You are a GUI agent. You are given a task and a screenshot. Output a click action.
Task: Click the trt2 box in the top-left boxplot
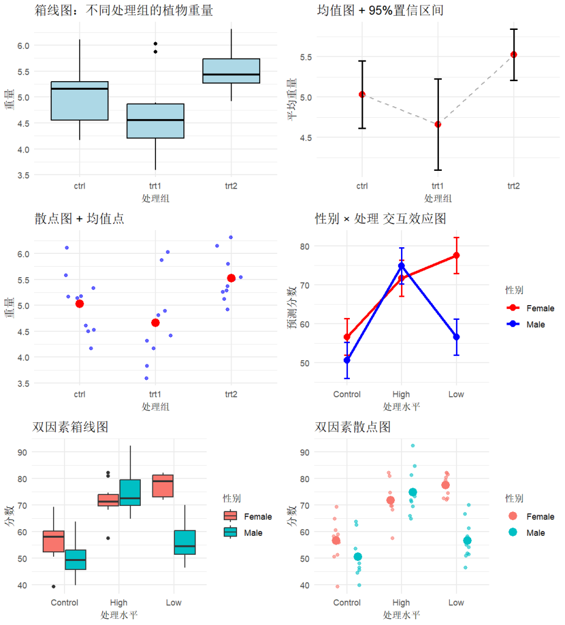tap(231, 71)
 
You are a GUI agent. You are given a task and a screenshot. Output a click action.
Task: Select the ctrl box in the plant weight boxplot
tap(79, 101)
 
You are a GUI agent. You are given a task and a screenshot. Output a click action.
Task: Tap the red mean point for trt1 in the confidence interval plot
tap(438, 125)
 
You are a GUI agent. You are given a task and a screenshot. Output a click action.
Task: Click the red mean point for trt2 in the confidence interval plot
tap(514, 54)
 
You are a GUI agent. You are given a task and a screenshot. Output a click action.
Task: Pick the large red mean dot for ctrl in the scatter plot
tap(79, 304)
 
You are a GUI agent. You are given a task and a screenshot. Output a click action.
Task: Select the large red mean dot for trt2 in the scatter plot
tap(231, 278)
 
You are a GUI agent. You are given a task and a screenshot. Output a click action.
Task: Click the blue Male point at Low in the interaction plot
tap(456, 337)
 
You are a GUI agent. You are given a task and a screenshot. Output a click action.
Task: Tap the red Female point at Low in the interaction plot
tap(456, 255)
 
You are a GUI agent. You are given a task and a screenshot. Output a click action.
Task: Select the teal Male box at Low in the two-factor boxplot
tap(185, 542)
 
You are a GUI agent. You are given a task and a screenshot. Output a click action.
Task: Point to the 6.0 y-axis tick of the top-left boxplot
tap(23, 46)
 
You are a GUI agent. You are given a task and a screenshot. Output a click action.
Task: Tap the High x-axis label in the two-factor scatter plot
tap(402, 602)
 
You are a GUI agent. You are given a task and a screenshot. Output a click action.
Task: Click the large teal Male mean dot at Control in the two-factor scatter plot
tap(358, 557)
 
